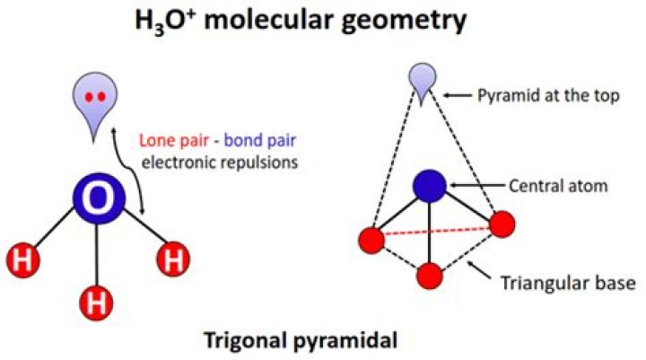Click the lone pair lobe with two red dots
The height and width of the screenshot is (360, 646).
pyautogui.click(x=97, y=101)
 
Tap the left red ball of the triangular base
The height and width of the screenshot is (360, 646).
pyautogui.click(x=370, y=240)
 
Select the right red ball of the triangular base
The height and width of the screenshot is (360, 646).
pyautogui.click(x=502, y=224)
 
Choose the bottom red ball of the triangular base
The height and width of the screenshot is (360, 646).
pyautogui.click(x=431, y=275)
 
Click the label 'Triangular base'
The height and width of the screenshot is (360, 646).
pyautogui.click(x=569, y=284)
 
